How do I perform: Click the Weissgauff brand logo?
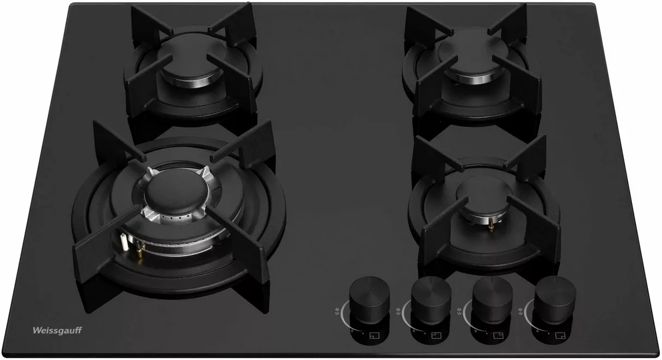(57, 331)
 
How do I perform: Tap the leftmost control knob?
(369, 300)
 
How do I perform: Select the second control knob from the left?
(431, 300)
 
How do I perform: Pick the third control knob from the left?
(492, 300)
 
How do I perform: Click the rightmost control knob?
(556, 300)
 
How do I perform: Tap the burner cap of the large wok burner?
(177, 192)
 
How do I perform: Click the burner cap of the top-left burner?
(193, 58)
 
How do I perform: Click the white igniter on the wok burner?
(124, 242)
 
